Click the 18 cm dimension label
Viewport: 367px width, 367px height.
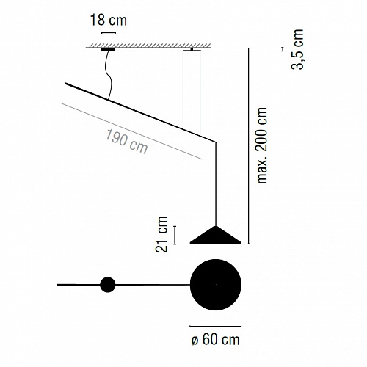[109, 20]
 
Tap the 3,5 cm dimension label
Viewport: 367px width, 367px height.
[297, 49]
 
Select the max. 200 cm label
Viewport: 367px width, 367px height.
[262, 145]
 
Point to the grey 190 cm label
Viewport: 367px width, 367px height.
[126, 142]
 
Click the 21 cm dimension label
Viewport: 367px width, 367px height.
[161, 234]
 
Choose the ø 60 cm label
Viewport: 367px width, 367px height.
[216, 340]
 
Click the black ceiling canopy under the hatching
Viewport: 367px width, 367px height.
[108, 50]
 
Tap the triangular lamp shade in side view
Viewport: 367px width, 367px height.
[216, 235]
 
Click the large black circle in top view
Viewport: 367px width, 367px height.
[216, 285]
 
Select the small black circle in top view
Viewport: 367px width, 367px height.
[108, 285]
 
